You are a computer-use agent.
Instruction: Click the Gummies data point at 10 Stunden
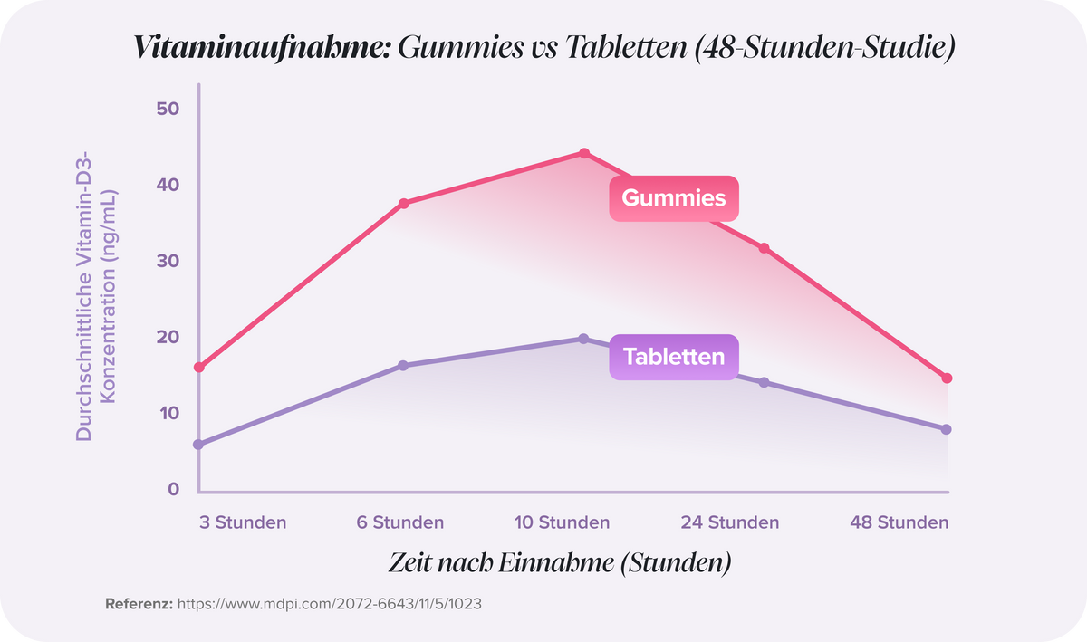point(584,153)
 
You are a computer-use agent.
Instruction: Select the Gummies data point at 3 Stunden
point(199,368)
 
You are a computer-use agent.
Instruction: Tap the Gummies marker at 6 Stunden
point(404,204)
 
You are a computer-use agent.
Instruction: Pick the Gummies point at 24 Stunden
point(764,248)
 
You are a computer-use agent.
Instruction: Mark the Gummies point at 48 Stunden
point(948,378)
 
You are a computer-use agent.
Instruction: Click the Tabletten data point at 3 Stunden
point(199,445)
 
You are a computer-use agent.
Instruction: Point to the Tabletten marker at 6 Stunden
point(404,366)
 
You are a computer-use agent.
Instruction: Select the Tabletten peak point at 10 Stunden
point(584,339)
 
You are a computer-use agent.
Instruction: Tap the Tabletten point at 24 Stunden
point(764,383)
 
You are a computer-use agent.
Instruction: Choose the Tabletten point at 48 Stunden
point(948,429)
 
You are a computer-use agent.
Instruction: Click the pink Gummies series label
point(673,197)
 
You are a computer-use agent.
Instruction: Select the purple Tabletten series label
point(673,357)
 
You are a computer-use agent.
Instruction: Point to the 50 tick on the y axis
point(168,109)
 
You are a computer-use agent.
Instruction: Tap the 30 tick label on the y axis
point(168,261)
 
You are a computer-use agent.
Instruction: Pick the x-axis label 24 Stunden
point(730,522)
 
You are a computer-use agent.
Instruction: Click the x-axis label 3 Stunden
point(243,522)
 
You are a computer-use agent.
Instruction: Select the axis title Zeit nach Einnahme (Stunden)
point(560,562)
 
